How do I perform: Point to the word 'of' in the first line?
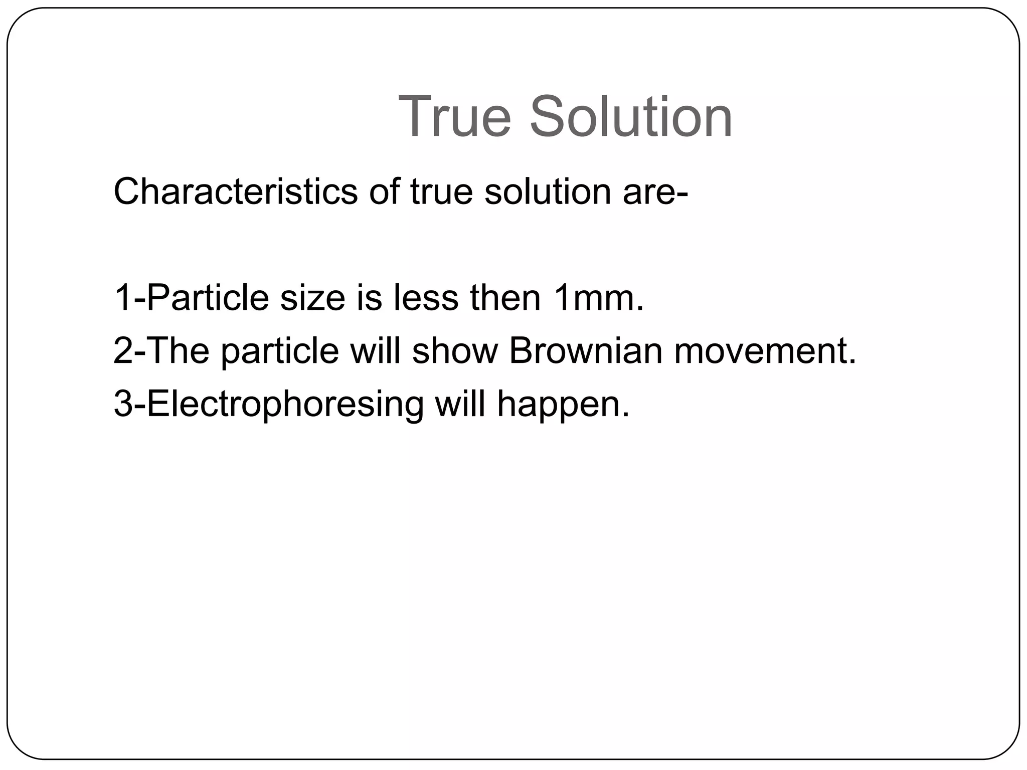click(x=384, y=191)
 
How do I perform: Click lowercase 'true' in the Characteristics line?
click(x=441, y=191)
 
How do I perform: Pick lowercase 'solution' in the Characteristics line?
click(x=548, y=191)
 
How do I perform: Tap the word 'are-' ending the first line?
click(x=655, y=192)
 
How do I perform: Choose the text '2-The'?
click(x=161, y=351)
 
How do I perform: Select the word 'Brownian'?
click(x=586, y=351)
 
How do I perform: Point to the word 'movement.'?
click(x=765, y=351)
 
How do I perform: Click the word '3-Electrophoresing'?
click(x=269, y=405)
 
